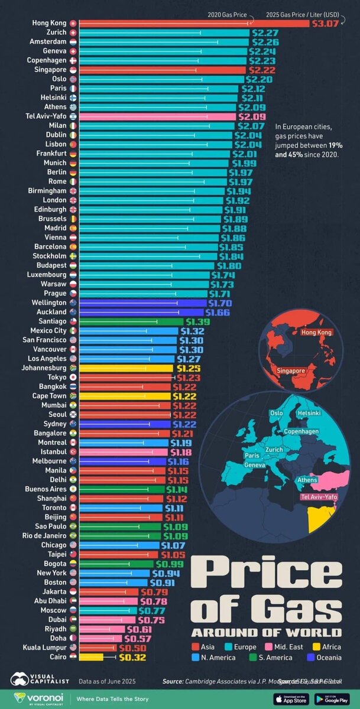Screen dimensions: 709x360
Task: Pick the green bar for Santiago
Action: pos(131,321)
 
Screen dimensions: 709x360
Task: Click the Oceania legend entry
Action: pos(324,657)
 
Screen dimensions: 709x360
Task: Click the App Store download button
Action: pos(290,698)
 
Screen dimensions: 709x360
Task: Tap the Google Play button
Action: pos(332,698)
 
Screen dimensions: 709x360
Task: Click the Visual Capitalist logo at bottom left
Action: pos(39,681)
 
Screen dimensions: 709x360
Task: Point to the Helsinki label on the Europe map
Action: pos(309,412)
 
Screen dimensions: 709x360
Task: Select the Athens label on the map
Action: pos(307,480)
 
